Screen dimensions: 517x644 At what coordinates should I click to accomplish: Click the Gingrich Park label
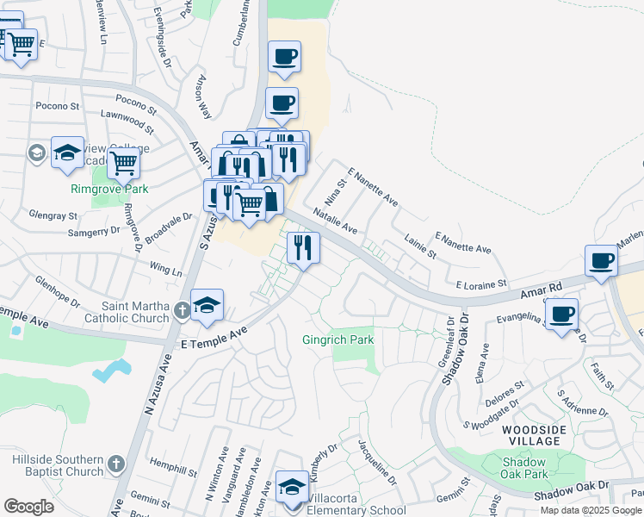pos(337,340)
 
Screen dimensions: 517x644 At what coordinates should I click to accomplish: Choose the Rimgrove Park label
pos(109,189)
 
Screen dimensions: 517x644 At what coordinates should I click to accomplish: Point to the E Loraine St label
pos(480,283)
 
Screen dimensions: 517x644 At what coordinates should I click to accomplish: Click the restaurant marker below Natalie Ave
pos(303,248)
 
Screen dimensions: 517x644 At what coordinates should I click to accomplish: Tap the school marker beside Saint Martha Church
pos(207,306)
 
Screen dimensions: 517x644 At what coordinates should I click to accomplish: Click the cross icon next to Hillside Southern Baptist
pos(116,466)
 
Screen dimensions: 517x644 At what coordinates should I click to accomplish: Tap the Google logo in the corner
pos(28,507)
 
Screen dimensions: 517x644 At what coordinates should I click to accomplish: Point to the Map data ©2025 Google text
pos(591,510)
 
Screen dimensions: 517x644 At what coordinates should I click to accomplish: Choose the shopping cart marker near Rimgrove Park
pos(124,161)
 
